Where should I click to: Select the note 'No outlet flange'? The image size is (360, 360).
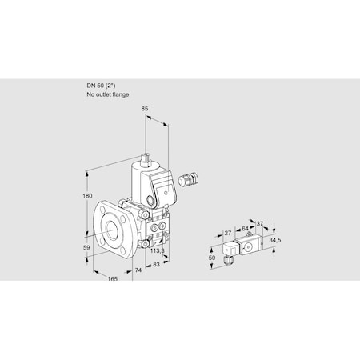pyautogui.click(x=106, y=94)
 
